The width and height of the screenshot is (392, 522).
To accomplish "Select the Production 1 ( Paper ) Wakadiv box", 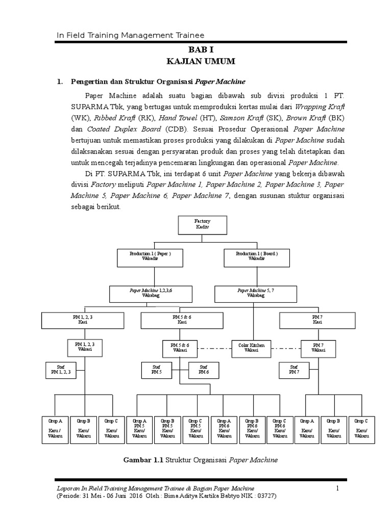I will point(150,257).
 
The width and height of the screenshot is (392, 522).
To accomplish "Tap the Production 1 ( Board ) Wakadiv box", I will point(257,257).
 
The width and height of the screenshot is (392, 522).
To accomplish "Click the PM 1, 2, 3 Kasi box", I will point(83,320).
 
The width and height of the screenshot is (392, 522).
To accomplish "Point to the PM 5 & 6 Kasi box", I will point(182,320).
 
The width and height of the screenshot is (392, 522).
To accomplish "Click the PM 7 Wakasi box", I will point(318,348).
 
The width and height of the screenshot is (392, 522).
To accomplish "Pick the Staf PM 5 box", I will point(156,370).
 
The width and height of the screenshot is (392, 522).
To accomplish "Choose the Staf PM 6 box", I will point(203,370).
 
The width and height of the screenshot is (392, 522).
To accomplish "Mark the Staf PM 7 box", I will point(293,370).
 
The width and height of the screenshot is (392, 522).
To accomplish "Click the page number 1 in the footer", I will point(337,489).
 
